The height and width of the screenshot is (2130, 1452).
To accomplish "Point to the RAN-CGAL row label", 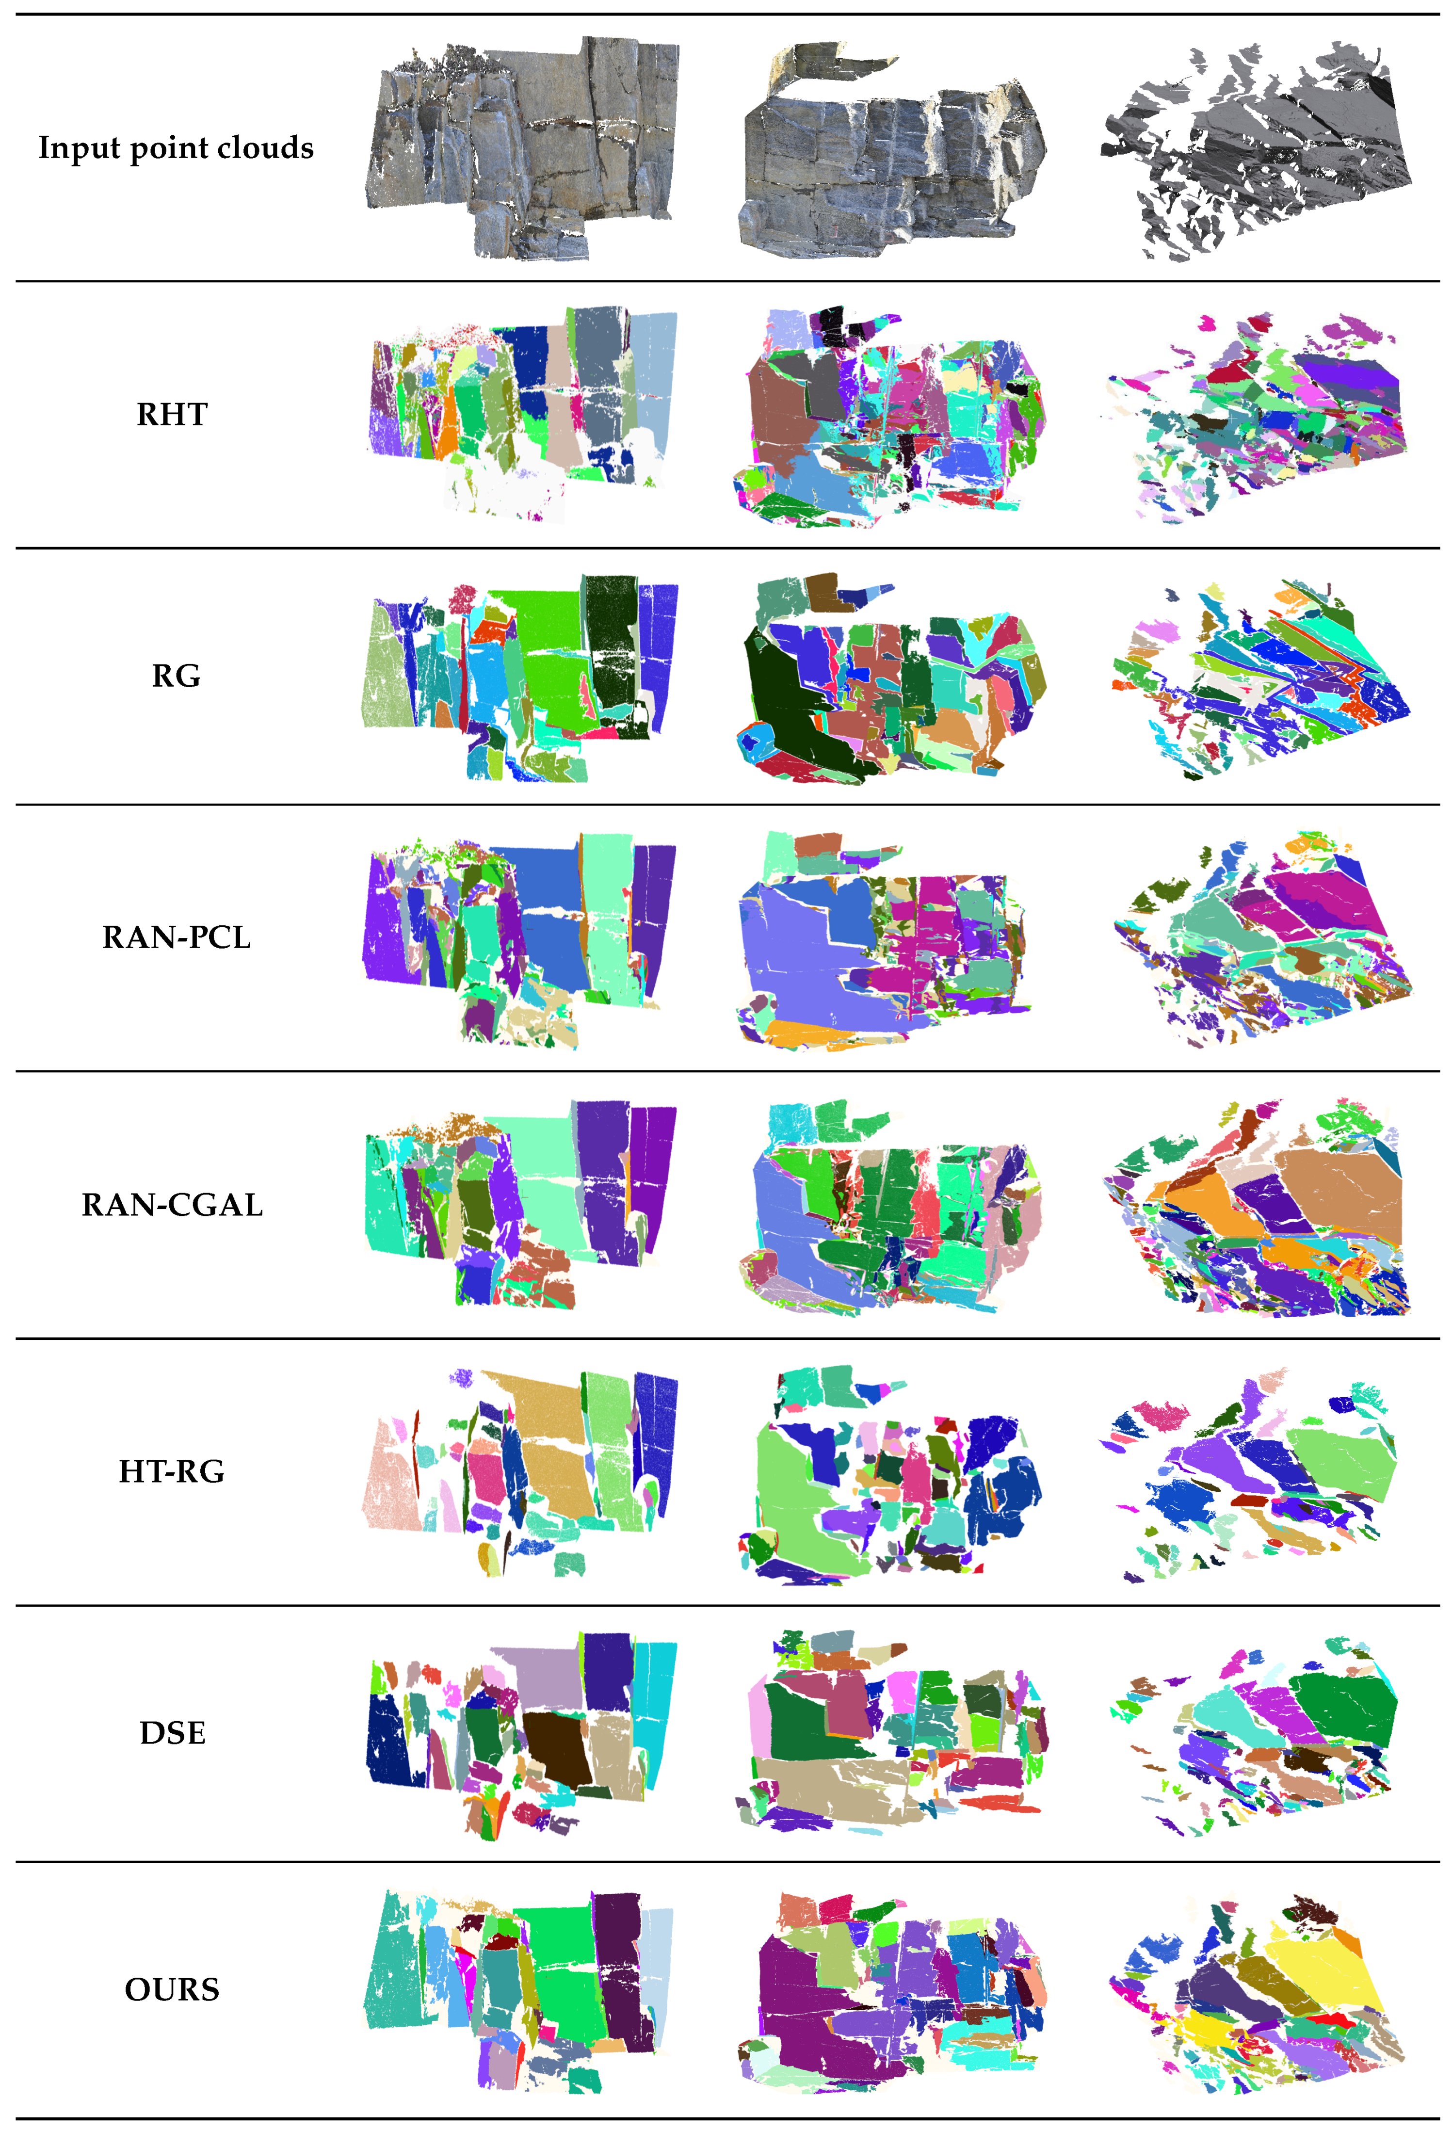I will tap(172, 1204).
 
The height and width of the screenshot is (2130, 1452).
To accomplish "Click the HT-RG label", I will tap(171, 1471).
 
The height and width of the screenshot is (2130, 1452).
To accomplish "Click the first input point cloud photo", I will tap(522, 146).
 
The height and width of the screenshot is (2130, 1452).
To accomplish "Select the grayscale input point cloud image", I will tap(1256, 151).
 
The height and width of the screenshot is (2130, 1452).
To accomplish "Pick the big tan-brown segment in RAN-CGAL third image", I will tap(1339, 1192).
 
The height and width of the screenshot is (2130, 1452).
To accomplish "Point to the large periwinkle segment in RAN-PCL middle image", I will tap(797, 962).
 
